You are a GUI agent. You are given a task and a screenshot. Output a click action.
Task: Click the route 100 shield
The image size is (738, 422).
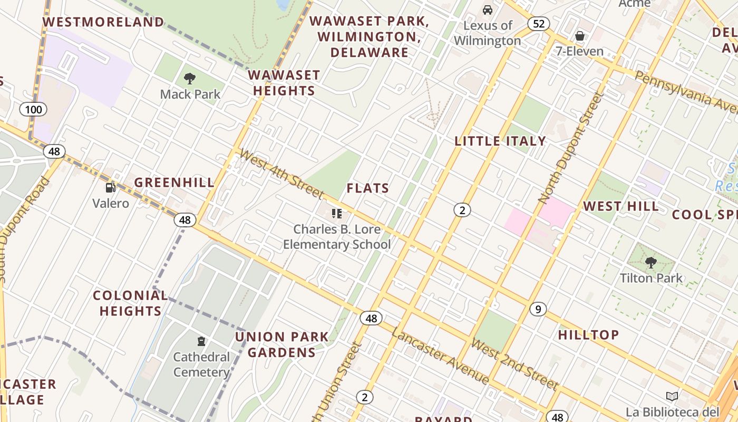(x=33, y=110)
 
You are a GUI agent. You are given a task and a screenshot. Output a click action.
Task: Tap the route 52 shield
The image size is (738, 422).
(x=538, y=24)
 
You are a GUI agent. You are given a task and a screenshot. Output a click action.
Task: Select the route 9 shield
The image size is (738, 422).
(x=538, y=309)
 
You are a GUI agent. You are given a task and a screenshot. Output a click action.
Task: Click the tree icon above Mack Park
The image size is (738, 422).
(x=190, y=79)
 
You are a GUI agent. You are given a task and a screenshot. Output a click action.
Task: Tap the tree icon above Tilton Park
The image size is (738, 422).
(x=650, y=262)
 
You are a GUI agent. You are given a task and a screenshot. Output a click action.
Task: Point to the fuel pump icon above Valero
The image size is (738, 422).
(x=110, y=187)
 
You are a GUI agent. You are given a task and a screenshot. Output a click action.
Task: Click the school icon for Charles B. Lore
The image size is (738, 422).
(x=336, y=214)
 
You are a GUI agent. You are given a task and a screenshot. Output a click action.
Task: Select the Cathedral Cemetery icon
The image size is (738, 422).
(x=201, y=341)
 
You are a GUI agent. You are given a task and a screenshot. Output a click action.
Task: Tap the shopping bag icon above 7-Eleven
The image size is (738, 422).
(x=579, y=36)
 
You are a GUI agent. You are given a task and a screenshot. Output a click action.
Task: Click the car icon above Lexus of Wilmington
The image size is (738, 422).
(x=488, y=10)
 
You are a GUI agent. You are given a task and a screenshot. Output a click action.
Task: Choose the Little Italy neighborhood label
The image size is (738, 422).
(x=500, y=141)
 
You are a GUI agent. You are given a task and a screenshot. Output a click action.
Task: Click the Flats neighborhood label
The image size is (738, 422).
(x=368, y=188)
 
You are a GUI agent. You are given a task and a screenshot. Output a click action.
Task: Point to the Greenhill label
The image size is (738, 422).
(x=174, y=183)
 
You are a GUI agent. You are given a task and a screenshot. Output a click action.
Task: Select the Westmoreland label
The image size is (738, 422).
(x=103, y=22)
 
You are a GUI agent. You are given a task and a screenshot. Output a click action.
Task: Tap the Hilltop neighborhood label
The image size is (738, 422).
(x=588, y=335)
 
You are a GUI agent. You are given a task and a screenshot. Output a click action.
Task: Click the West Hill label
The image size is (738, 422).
(x=621, y=206)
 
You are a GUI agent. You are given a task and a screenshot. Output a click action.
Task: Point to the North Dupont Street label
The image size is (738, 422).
(x=570, y=148)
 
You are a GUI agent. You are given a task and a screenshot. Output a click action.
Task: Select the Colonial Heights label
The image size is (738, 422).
(x=130, y=303)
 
